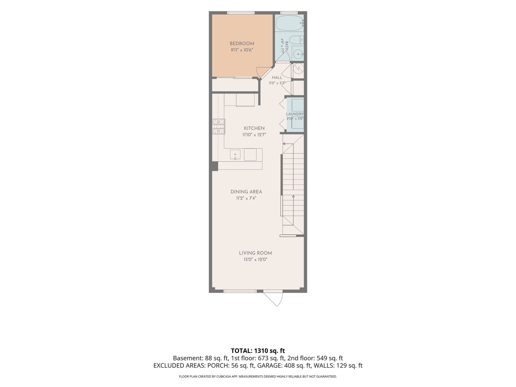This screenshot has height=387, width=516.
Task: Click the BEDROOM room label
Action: pyautogui.click(x=242, y=44)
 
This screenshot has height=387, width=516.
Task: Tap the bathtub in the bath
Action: pyautogui.click(x=290, y=23)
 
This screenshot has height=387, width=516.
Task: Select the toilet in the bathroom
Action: pyautogui.click(x=297, y=40)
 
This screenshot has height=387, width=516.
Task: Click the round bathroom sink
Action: pyautogui.click(x=298, y=54)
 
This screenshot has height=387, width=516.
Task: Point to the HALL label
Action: pyautogui.click(x=277, y=78)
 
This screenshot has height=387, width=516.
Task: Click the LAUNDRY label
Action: pyautogui.click(x=295, y=114)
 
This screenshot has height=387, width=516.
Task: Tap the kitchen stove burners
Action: pyautogui.click(x=218, y=126)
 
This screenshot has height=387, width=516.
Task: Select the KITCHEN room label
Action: pyautogui.click(x=254, y=128)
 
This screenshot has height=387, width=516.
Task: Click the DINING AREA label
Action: pyautogui.click(x=246, y=192)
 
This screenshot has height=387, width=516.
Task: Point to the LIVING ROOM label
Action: pyautogui.click(x=255, y=253)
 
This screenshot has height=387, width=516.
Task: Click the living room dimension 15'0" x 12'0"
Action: pyautogui.click(x=255, y=260)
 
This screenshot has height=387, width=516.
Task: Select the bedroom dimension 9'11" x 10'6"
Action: pyautogui.click(x=242, y=50)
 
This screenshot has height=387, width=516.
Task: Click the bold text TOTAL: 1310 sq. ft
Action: pyautogui.click(x=258, y=350)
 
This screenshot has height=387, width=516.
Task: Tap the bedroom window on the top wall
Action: pyautogui.click(x=241, y=13)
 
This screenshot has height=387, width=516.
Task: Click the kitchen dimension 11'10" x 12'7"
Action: pyautogui.click(x=254, y=135)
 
